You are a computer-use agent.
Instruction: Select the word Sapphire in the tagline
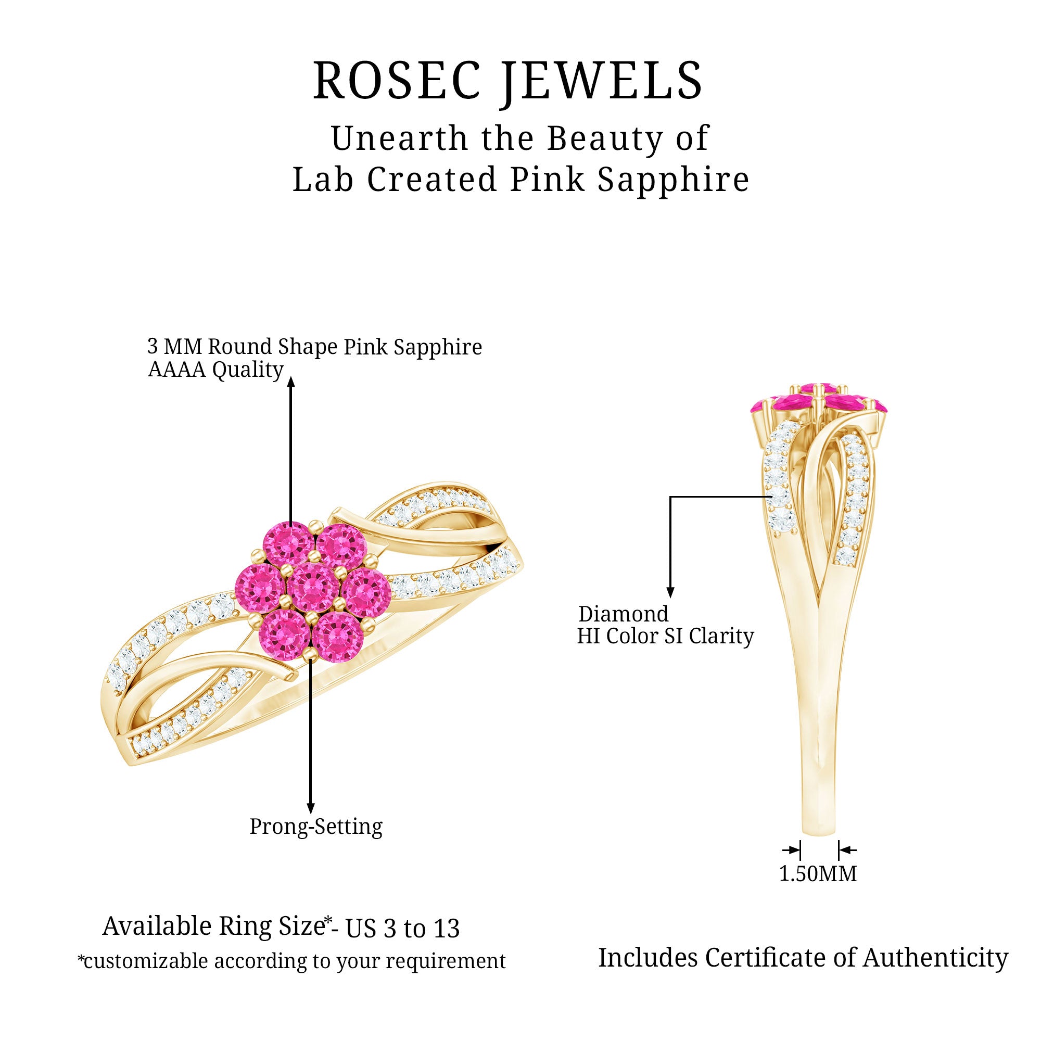(673, 180)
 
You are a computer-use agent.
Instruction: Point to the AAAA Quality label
(215, 370)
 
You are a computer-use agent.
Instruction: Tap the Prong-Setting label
(316, 826)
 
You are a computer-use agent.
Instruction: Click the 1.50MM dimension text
(818, 874)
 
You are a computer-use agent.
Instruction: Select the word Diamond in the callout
(624, 614)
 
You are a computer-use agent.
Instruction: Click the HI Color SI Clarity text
(665, 636)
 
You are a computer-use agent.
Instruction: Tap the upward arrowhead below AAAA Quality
(291, 382)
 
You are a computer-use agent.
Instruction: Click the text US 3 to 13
(402, 928)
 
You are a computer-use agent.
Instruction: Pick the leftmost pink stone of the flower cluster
(260, 586)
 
